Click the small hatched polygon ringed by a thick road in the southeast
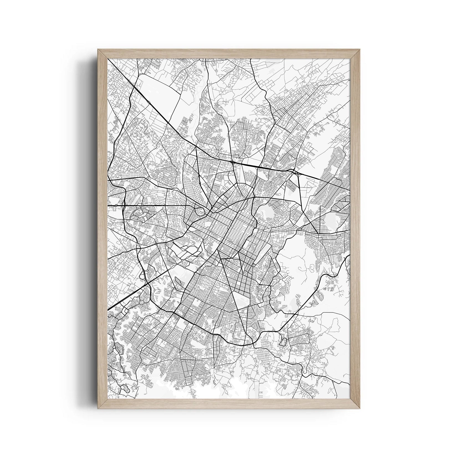(x=283, y=342)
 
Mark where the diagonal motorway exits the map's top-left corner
(x=109, y=60)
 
